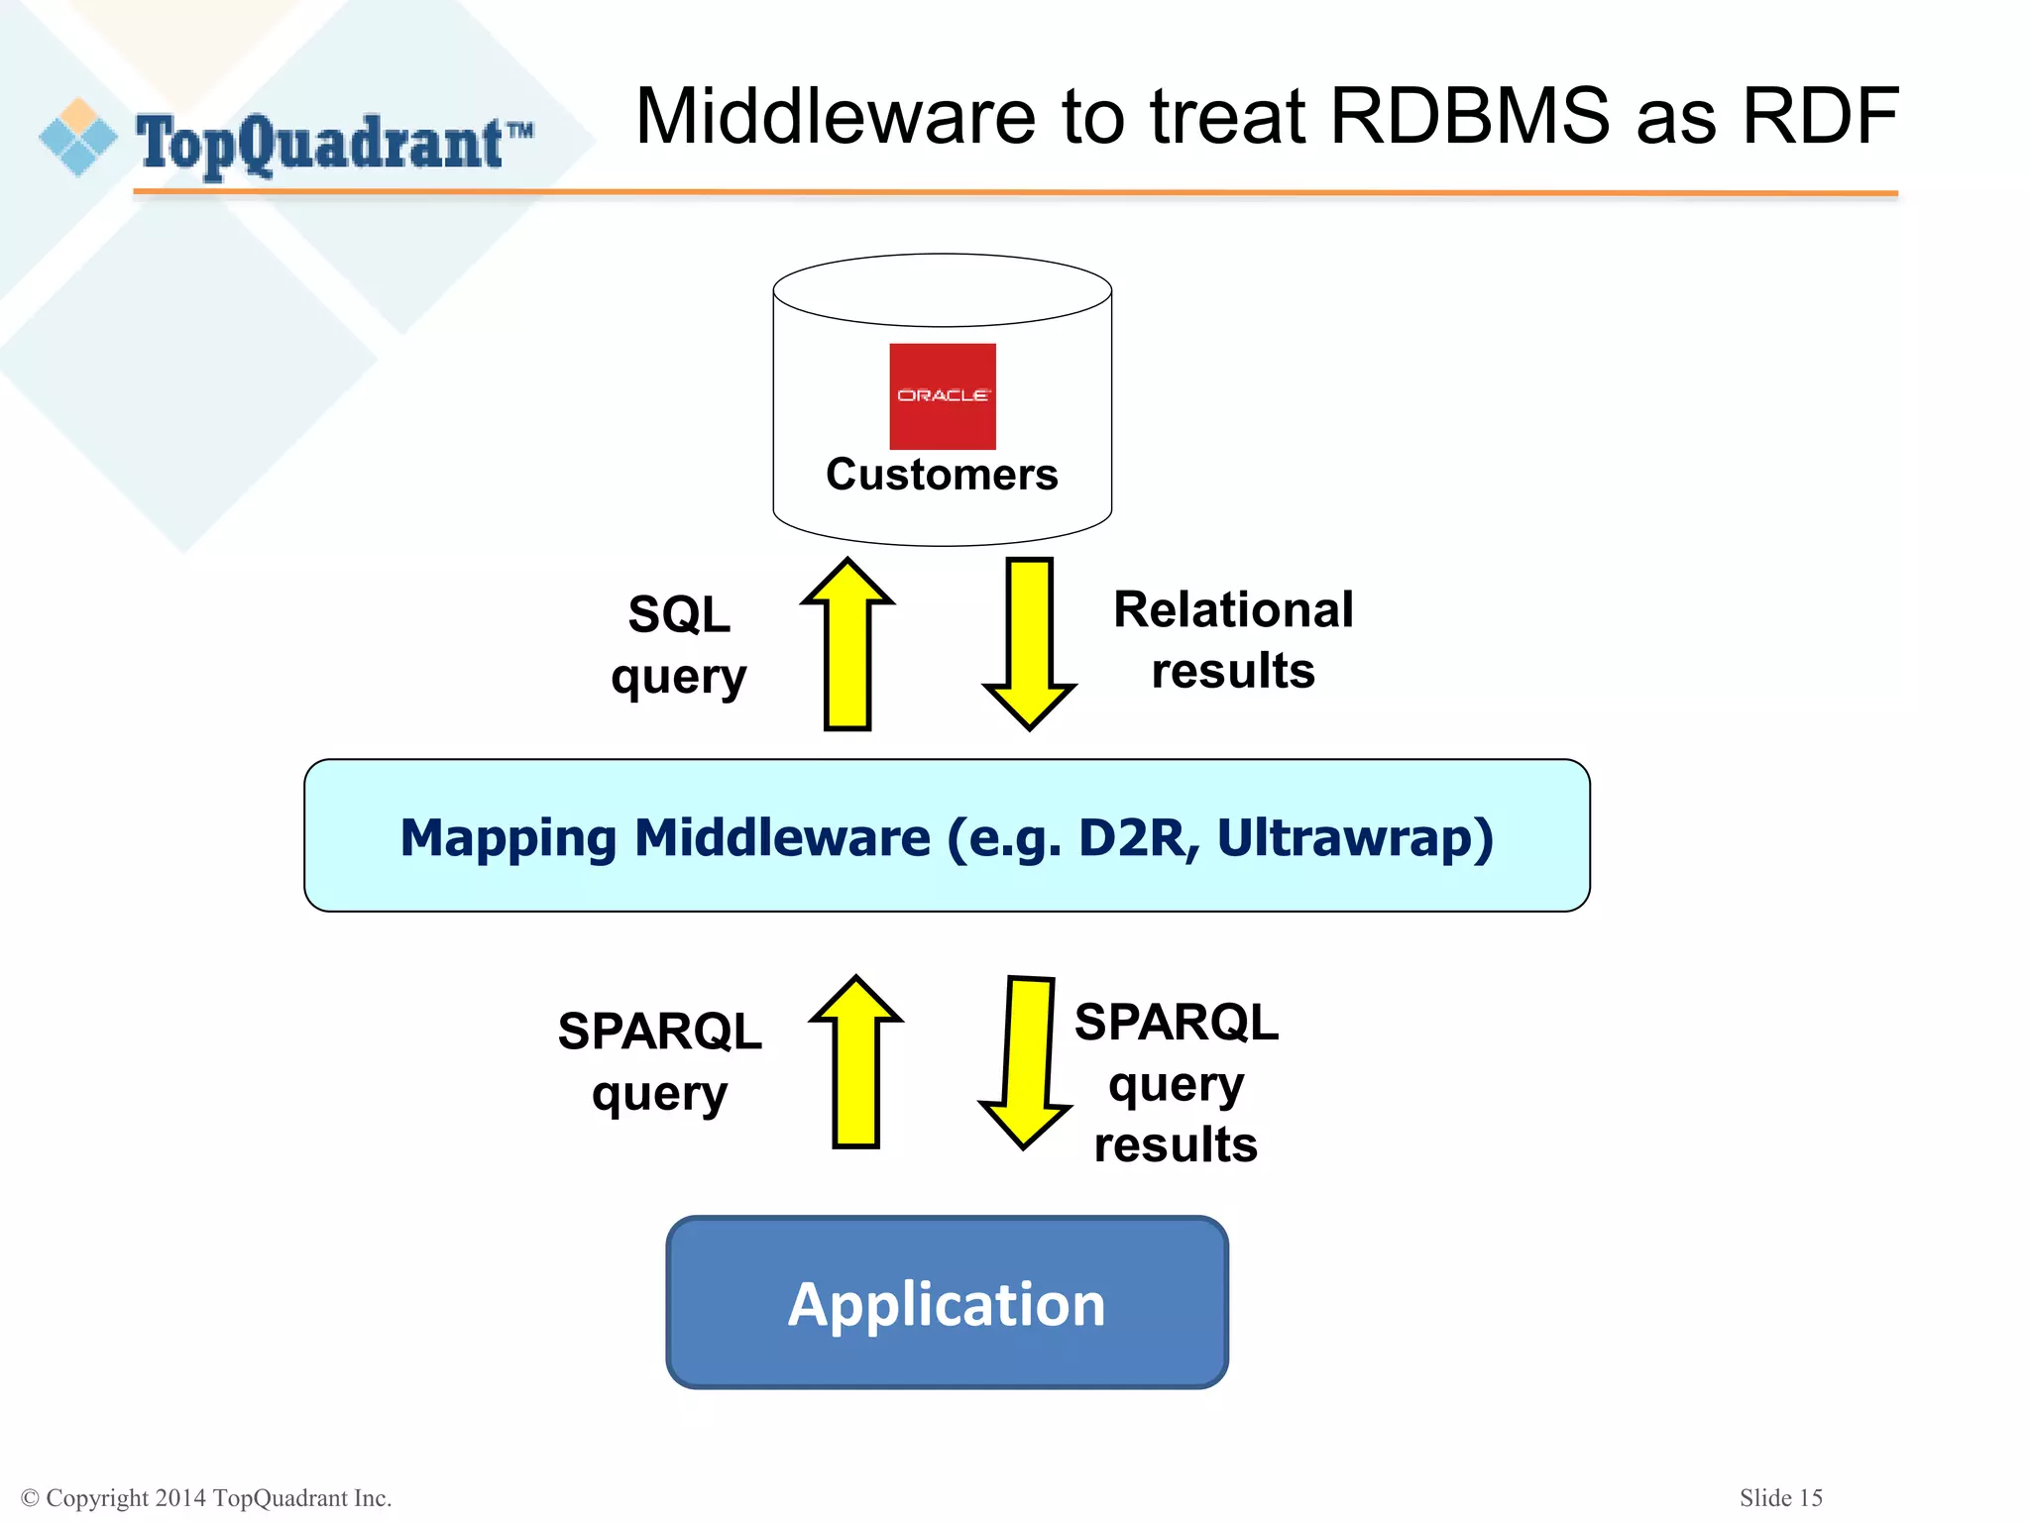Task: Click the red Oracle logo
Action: (942, 395)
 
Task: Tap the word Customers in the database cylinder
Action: (942, 475)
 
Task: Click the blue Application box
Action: (947, 1302)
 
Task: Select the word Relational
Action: (1233, 609)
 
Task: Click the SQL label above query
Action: (679, 614)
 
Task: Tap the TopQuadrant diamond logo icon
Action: (78, 138)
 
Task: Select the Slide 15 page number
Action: (1780, 1497)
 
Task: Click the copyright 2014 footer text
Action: (206, 1497)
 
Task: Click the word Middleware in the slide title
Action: (836, 117)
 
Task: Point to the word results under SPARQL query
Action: (1176, 1144)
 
